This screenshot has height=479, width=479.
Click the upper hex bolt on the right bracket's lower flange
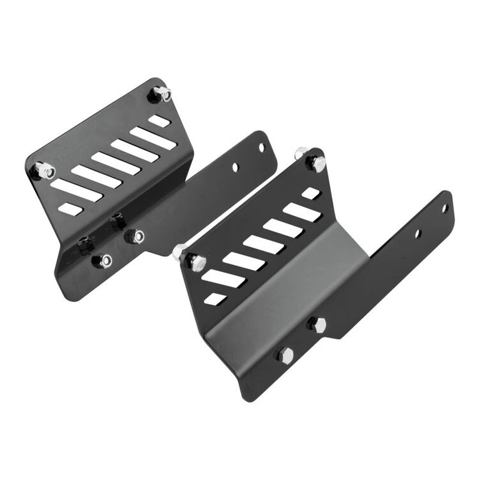[317, 324]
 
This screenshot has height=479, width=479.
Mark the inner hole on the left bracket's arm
[235, 167]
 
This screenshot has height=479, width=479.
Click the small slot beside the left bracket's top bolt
[159, 120]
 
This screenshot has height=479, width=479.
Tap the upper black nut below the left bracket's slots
[118, 221]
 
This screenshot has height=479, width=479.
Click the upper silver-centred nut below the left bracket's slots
[136, 236]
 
